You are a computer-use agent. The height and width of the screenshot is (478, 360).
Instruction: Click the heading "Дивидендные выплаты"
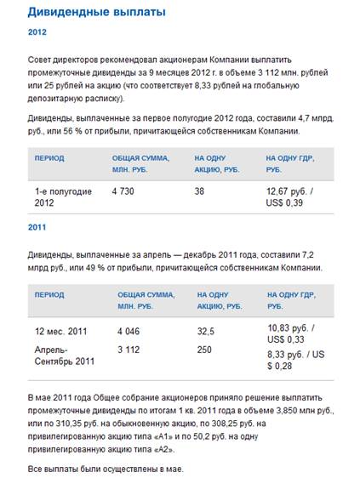pos(97,12)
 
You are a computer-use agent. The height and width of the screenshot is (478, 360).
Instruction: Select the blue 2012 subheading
pos(37,32)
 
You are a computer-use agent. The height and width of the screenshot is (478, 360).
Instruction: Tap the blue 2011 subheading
pos(37,227)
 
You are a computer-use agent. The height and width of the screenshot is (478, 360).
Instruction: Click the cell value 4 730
pos(123,191)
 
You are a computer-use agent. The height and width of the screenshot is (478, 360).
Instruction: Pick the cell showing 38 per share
pos(199,191)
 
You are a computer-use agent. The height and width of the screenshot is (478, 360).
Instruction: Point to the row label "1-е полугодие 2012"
pos(63,197)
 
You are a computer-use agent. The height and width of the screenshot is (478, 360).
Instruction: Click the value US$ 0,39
pos(284,202)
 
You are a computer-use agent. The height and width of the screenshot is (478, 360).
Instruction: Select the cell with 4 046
pos(129,331)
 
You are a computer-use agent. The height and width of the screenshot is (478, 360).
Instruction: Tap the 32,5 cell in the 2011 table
pos(206,331)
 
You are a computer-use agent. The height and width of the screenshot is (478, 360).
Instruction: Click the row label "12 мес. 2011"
pos(60,331)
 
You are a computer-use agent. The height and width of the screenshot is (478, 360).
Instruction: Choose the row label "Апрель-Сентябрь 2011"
pos(65,356)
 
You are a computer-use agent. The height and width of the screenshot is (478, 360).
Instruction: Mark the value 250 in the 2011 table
pos(204,350)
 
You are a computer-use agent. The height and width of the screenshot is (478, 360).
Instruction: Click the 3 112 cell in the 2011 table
pos(129,350)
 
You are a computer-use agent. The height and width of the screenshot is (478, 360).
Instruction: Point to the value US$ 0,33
pos(286,339)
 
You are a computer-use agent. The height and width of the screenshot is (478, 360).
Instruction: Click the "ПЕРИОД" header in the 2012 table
pos(49,158)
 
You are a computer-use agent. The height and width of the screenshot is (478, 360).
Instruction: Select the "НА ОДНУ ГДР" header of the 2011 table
pos(291,295)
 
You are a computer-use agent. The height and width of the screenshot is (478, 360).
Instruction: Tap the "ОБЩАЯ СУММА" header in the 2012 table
pos(140,158)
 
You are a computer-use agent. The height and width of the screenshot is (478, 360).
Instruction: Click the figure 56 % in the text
pos(72,131)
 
